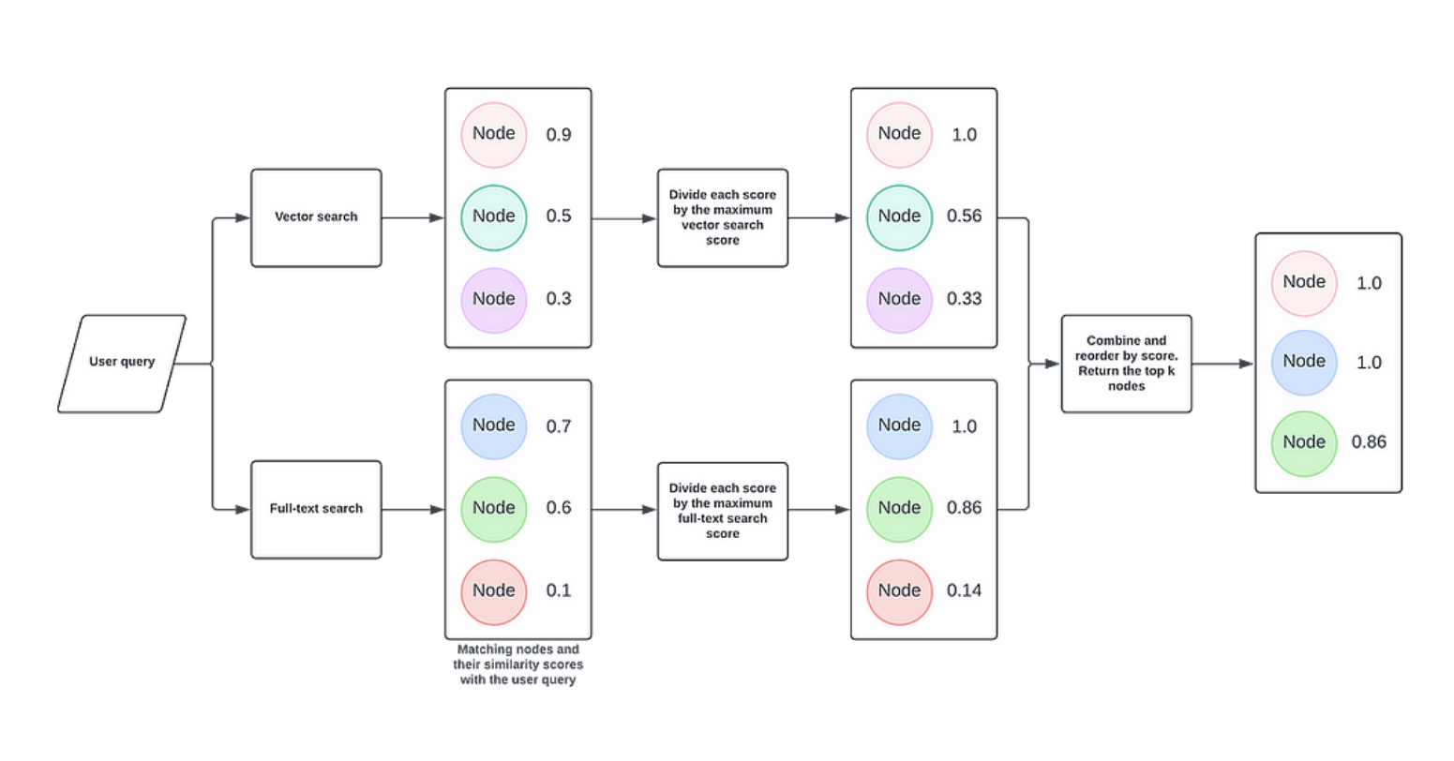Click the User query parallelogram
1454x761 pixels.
pyautogui.click(x=122, y=363)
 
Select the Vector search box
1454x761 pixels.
pyautogui.click(x=316, y=217)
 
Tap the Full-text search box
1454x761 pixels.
pyautogui.click(x=316, y=509)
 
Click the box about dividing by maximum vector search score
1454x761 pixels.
pyautogui.click(x=722, y=217)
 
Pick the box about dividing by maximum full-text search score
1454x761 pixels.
pyautogui.click(x=722, y=511)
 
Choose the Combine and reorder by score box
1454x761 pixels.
pyautogui.click(x=1126, y=364)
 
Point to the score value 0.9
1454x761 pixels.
pyautogui.click(x=559, y=135)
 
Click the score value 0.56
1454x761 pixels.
pyautogui.click(x=964, y=216)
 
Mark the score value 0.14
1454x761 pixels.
pyautogui.click(x=964, y=590)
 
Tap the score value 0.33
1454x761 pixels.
pyautogui.click(x=964, y=299)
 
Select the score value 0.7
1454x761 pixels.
pyautogui.click(x=559, y=426)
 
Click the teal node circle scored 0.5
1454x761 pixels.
pyautogui.click(x=493, y=217)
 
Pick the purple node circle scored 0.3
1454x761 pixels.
pyautogui.click(x=493, y=300)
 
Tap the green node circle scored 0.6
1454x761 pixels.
pyautogui.click(x=493, y=509)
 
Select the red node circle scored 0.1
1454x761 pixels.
pyautogui.click(x=493, y=591)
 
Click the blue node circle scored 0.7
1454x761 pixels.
pyautogui.click(x=493, y=426)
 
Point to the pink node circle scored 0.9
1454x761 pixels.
pyautogui.click(x=493, y=135)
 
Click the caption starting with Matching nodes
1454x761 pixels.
pyautogui.click(x=517, y=664)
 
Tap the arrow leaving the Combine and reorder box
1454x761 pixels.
pyautogui.click(x=1222, y=364)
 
